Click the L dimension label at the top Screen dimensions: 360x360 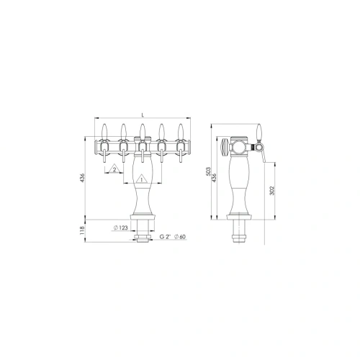[143, 115]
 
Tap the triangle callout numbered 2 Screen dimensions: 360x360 [114, 169]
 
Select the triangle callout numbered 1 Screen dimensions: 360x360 [141, 179]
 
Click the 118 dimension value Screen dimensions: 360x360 [82, 230]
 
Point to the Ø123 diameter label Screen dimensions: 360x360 [120, 228]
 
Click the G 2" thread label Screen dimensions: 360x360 [165, 237]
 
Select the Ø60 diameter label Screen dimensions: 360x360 [180, 237]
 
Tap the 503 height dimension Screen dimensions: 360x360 [208, 171]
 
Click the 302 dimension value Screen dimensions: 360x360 [271, 191]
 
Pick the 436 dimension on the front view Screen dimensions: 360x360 [82, 178]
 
